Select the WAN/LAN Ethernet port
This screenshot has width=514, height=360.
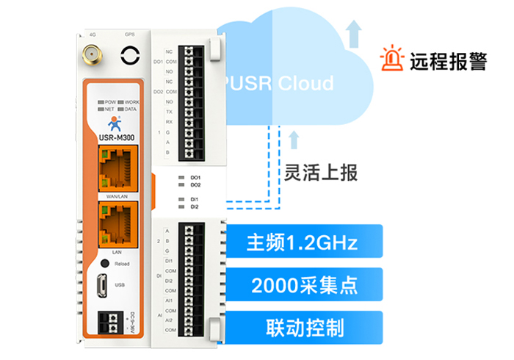click(x=112, y=168)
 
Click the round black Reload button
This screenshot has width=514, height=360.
click(x=106, y=262)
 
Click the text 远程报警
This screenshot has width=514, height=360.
click(x=449, y=60)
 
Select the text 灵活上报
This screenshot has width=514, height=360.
click(x=321, y=173)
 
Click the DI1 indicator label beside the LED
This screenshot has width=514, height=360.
click(x=195, y=199)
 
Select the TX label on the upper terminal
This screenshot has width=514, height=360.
click(x=170, y=112)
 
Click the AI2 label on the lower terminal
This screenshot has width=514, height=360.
click(x=169, y=320)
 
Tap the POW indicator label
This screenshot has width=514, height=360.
click(x=110, y=101)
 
